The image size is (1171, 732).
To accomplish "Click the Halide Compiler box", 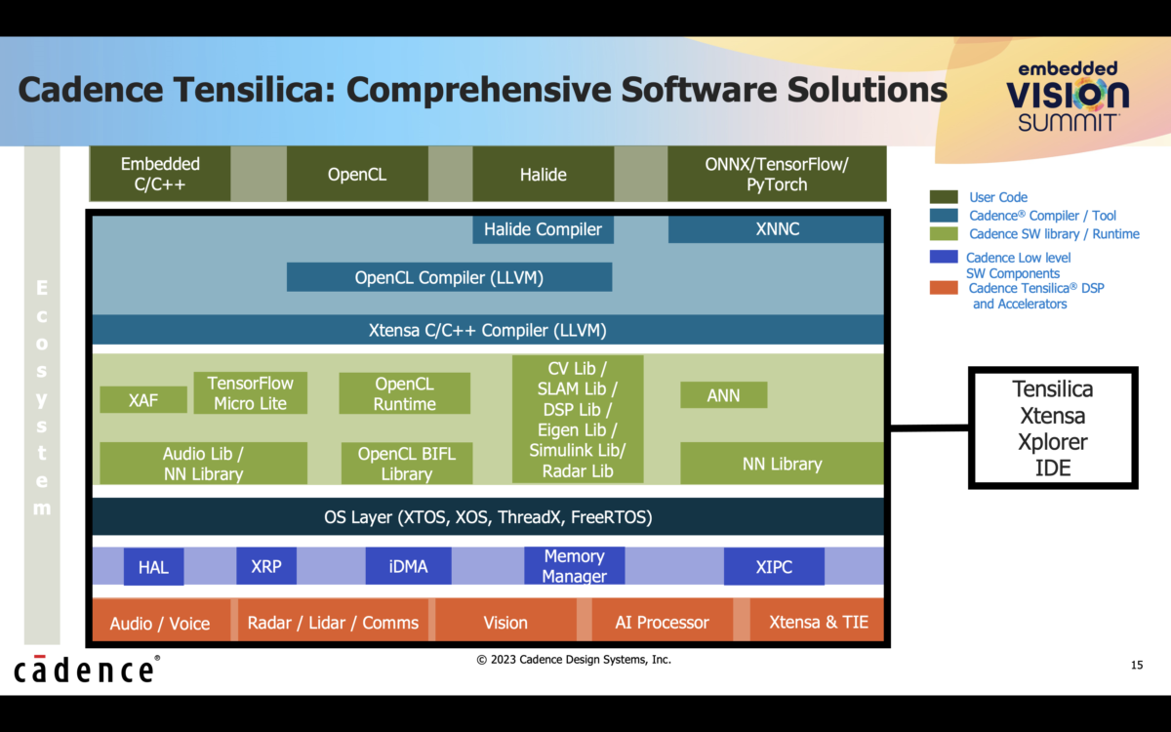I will coord(543,230).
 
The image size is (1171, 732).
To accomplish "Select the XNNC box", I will coord(776,230).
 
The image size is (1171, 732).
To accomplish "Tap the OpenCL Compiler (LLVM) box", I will coord(449,277).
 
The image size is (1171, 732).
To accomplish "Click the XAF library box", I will coord(142,399).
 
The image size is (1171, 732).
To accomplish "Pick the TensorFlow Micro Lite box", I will coord(250,392).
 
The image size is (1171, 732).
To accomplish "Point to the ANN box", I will coord(723,395).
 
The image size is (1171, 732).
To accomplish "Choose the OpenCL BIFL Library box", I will coord(407,464).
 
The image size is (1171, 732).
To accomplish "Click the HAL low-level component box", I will coord(153,567).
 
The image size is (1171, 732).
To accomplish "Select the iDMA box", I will coord(408,566).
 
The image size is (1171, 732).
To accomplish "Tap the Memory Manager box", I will coord(574,566).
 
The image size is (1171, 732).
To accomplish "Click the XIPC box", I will coord(774,566).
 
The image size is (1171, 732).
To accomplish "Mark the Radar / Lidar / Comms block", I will coord(333,623).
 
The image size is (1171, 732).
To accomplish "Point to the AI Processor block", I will coord(662,623).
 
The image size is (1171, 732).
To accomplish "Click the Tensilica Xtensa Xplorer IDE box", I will coord(1052,428).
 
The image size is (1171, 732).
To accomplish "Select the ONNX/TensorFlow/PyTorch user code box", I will coord(776,175).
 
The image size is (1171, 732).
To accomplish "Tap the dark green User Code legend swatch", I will coord(944,197).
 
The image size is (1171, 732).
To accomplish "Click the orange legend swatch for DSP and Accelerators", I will coord(944,289).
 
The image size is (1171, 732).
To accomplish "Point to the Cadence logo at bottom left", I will coord(86,670).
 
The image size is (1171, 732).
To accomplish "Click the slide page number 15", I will coord(1136,666).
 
